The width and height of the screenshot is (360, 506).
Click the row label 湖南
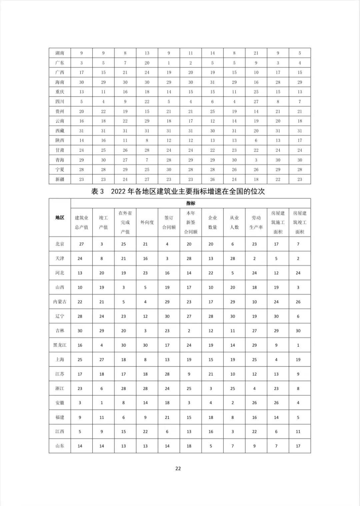(60, 53)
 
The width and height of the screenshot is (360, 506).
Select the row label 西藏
(60, 131)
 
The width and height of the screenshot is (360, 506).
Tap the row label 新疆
(60, 180)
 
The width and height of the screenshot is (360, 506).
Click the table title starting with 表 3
(178, 192)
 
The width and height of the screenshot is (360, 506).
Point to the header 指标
(191, 203)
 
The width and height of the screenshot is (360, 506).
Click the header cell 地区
(60, 218)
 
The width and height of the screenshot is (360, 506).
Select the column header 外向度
(147, 222)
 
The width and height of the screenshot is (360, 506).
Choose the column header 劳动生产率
(256, 222)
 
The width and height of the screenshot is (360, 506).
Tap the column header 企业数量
(212, 222)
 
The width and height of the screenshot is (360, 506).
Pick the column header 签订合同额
(169, 222)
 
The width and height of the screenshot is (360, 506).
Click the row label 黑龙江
(60, 345)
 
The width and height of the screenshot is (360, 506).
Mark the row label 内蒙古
(60, 302)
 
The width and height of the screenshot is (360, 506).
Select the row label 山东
(60, 446)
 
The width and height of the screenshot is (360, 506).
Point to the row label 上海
(60, 360)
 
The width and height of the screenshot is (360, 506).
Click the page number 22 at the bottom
(178, 469)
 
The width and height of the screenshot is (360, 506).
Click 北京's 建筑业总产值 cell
(82, 244)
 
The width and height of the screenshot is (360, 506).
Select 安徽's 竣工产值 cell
(102, 403)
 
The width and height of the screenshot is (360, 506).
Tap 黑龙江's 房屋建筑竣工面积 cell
(298, 345)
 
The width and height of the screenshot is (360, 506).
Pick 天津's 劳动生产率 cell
(255, 258)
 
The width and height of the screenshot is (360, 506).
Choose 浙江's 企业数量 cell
(211, 388)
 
